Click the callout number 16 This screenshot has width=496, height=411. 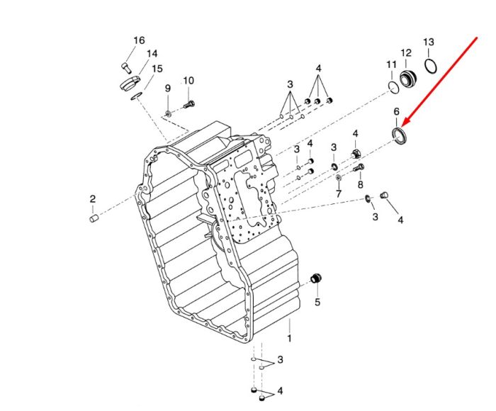tap(139, 40)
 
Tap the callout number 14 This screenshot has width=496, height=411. tap(152, 53)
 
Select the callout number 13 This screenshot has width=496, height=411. tap(429, 42)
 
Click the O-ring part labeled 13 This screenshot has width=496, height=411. tap(431, 65)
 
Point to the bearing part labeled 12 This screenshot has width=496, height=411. tap(407, 78)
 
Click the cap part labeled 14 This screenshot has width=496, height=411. tap(130, 83)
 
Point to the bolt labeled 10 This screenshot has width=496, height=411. tap(189, 104)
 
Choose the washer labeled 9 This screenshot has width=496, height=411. tap(168, 113)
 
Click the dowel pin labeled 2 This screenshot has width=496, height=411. tap(94, 218)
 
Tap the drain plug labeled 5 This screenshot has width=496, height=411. tap(316, 278)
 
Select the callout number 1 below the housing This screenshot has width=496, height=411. tap(289, 338)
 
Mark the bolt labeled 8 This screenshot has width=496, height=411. tap(358, 168)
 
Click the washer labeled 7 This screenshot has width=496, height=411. tap(338, 177)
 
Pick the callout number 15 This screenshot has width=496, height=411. tap(157, 69)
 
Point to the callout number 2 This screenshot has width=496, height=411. tap(92, 199)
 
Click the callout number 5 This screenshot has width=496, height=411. tap(317, 302)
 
